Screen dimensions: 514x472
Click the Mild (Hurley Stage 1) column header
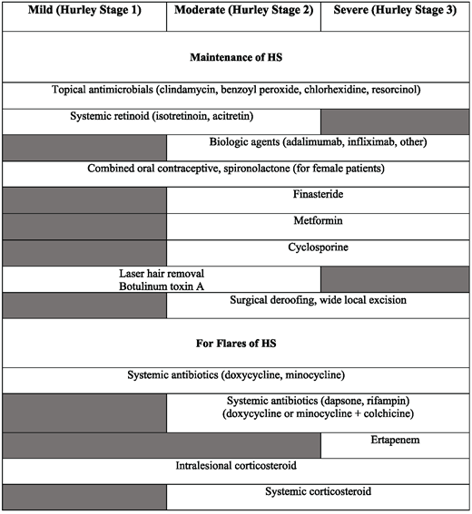coord(84,15)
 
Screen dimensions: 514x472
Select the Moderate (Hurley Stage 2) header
coord(243,15)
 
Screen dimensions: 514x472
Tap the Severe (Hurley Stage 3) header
coord(396,15)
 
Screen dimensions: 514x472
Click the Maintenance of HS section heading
coord(236,57)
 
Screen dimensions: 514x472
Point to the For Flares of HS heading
coord(236,344)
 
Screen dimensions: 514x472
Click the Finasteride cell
coord(318,195)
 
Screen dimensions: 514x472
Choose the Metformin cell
coord(318,221)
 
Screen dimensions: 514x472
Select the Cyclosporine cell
coord(318,247)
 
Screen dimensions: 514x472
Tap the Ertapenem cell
coord(396,441)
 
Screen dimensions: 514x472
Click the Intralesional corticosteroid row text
coord(236,466)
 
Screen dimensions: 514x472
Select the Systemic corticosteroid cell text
coord(318,492)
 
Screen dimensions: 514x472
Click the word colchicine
coord(381,414)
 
